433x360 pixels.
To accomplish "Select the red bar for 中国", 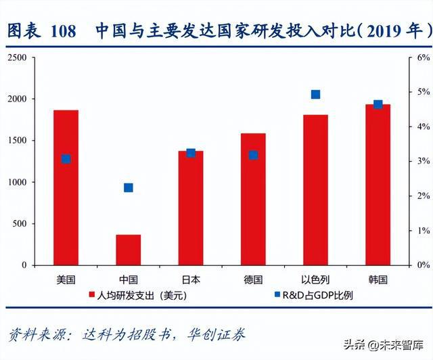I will tap(129, 250).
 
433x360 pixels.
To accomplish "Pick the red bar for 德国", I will tap(253, 199).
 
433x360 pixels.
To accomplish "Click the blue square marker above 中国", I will tap(129, 187).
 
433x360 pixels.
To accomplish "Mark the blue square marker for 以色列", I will tap(315, 95).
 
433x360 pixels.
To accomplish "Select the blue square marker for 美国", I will tap(66, 159).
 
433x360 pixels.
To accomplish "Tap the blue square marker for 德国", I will tap(253, 155).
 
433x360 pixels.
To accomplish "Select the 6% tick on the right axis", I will tap(423, 58).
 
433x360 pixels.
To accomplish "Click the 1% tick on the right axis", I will tap(423, 231).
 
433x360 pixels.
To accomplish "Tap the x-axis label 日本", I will tap(191, 279).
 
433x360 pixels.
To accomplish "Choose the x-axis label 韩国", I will tap(378, 279).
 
